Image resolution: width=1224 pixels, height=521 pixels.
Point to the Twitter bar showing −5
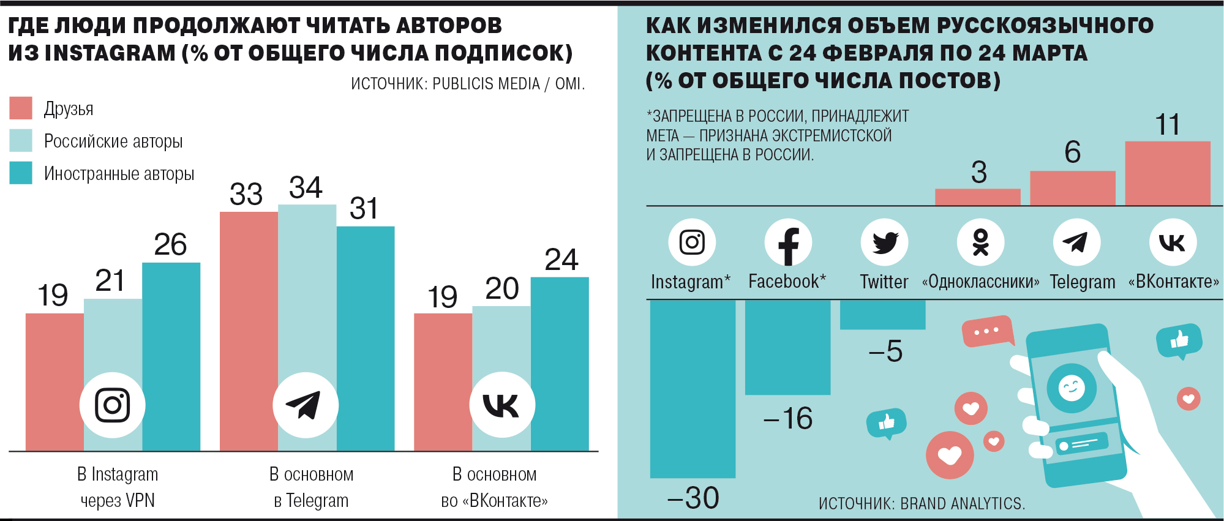[x=882, y=315]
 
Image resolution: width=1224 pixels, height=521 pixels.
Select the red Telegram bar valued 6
[x=1072, y=188]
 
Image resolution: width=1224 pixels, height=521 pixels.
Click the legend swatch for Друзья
[x=21, y=108]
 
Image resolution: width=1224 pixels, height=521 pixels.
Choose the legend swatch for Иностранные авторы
[x=21, y=173]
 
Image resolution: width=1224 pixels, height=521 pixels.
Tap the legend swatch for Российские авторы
[x=21, y=141]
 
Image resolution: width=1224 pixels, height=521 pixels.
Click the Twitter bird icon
[x=884, y=242]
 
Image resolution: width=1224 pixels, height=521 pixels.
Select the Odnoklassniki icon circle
[x=980, y=242]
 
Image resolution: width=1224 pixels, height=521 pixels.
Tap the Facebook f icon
[x=788, y=243]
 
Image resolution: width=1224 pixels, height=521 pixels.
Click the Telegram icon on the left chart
[x=305, y=405]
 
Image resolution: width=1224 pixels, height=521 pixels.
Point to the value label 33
[x=246, y=195]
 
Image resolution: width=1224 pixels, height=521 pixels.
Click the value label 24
[x=561, y=260]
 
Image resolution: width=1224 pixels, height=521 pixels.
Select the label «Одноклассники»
[x=980, y=282]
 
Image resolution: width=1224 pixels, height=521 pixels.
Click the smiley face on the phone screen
[x=1071, y=388]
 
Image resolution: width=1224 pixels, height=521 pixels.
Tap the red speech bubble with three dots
[x=986, y=332]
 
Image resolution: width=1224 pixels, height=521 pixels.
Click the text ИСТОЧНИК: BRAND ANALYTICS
[x=922, y=503]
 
